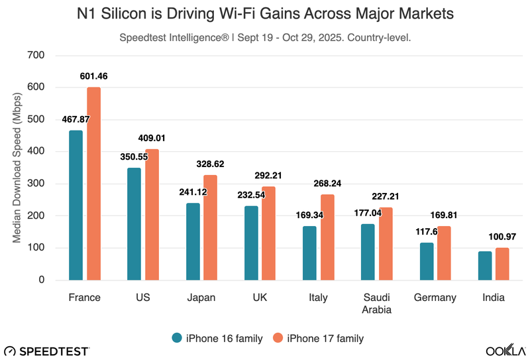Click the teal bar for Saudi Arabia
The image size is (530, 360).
(x=368, y=252)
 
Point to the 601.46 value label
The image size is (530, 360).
(x=93, y=76)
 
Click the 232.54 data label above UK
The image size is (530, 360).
(x=251, y=196)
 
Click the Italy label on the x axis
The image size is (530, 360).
(x=318, y=298)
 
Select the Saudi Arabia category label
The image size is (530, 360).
(x=376, y=304)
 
